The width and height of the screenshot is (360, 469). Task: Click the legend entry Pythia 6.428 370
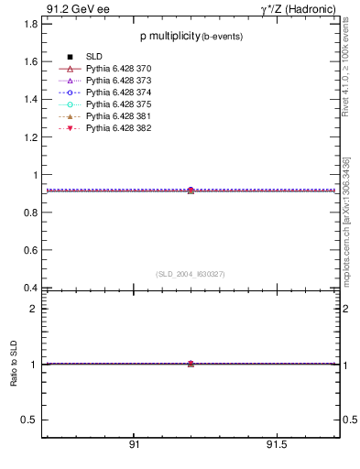118,70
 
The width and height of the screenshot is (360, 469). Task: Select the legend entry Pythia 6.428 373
118,82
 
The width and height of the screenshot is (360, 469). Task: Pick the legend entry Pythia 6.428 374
118,93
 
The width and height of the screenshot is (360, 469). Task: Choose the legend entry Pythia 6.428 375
118,105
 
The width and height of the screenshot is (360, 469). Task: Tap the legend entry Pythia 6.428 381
118,117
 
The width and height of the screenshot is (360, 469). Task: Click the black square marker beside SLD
70,58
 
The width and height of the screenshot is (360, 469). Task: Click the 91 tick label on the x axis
134,445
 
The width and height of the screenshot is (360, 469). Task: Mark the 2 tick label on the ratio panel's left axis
33,309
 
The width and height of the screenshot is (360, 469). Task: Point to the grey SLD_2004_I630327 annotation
191,274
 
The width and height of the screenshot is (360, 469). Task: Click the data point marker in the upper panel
191,191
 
